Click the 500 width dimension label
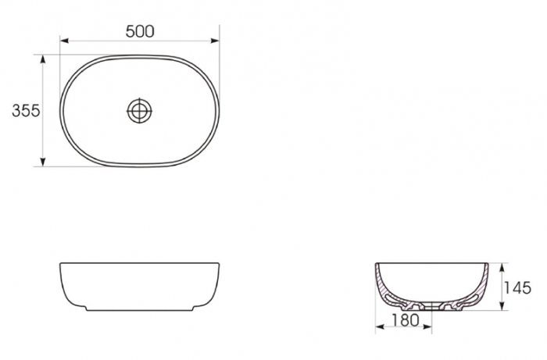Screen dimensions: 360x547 click(x=140, y=31)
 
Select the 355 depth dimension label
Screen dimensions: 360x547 click(x=26, y=111)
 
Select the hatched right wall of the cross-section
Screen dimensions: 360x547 click(x=484, y=285)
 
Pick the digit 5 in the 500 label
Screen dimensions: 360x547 click(x=130, y=31)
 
